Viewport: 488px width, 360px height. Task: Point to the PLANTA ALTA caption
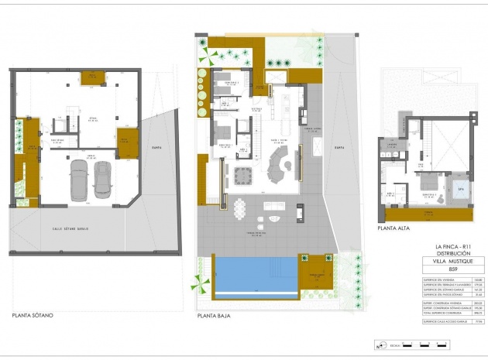[395, 228]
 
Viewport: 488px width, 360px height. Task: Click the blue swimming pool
[256, 273]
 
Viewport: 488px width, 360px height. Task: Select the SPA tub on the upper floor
[461, 189]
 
